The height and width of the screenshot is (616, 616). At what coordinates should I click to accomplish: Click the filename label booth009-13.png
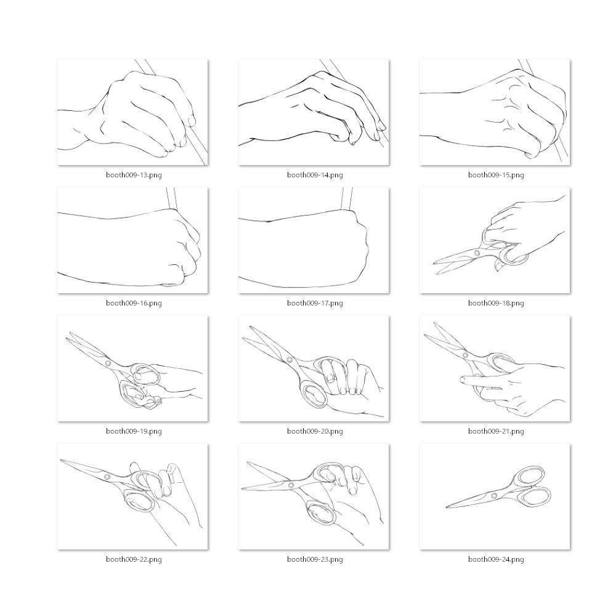(x=134, y=175)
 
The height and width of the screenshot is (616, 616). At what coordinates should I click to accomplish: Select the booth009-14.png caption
(x=315, y=175)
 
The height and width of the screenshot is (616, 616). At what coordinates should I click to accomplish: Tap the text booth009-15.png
(x=496, y=175)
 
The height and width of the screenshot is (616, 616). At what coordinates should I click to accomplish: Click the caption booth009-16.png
(x=134, y=303)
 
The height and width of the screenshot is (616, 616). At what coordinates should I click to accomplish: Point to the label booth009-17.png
(x=315, y=303)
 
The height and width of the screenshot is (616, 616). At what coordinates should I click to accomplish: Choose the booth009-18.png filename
(x=496, y=303)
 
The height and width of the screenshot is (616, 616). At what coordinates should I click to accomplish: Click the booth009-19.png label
(x=134, y=431)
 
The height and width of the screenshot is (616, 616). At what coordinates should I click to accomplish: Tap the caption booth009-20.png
(x=315, y=431)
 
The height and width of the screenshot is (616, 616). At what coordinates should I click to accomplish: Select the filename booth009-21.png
(x=496, y=431)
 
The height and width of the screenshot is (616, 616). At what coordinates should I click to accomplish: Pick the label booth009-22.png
(x=134, y=559)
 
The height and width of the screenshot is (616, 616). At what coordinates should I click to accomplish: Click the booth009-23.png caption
(x=315, y=559)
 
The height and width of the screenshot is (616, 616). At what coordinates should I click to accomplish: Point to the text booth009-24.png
(x=496, y=559)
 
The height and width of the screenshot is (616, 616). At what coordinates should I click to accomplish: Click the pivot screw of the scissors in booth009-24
(x=494, y=495)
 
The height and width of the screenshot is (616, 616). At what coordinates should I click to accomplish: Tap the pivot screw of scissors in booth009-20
(x=290, y=360)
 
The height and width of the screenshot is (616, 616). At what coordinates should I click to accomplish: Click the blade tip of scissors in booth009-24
(x=447, y=507)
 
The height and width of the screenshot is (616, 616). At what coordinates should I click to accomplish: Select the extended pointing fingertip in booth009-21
(x=462, y=379)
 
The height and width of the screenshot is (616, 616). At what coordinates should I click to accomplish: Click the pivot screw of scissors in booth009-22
(x=107, y=477)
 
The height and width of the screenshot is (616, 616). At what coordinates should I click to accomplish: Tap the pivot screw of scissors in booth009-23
(x=291, y=485)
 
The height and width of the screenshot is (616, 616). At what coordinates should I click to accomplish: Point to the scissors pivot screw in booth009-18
(x=477, y=253)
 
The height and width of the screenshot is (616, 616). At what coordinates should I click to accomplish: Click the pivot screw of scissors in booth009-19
(x=108, y=363)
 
